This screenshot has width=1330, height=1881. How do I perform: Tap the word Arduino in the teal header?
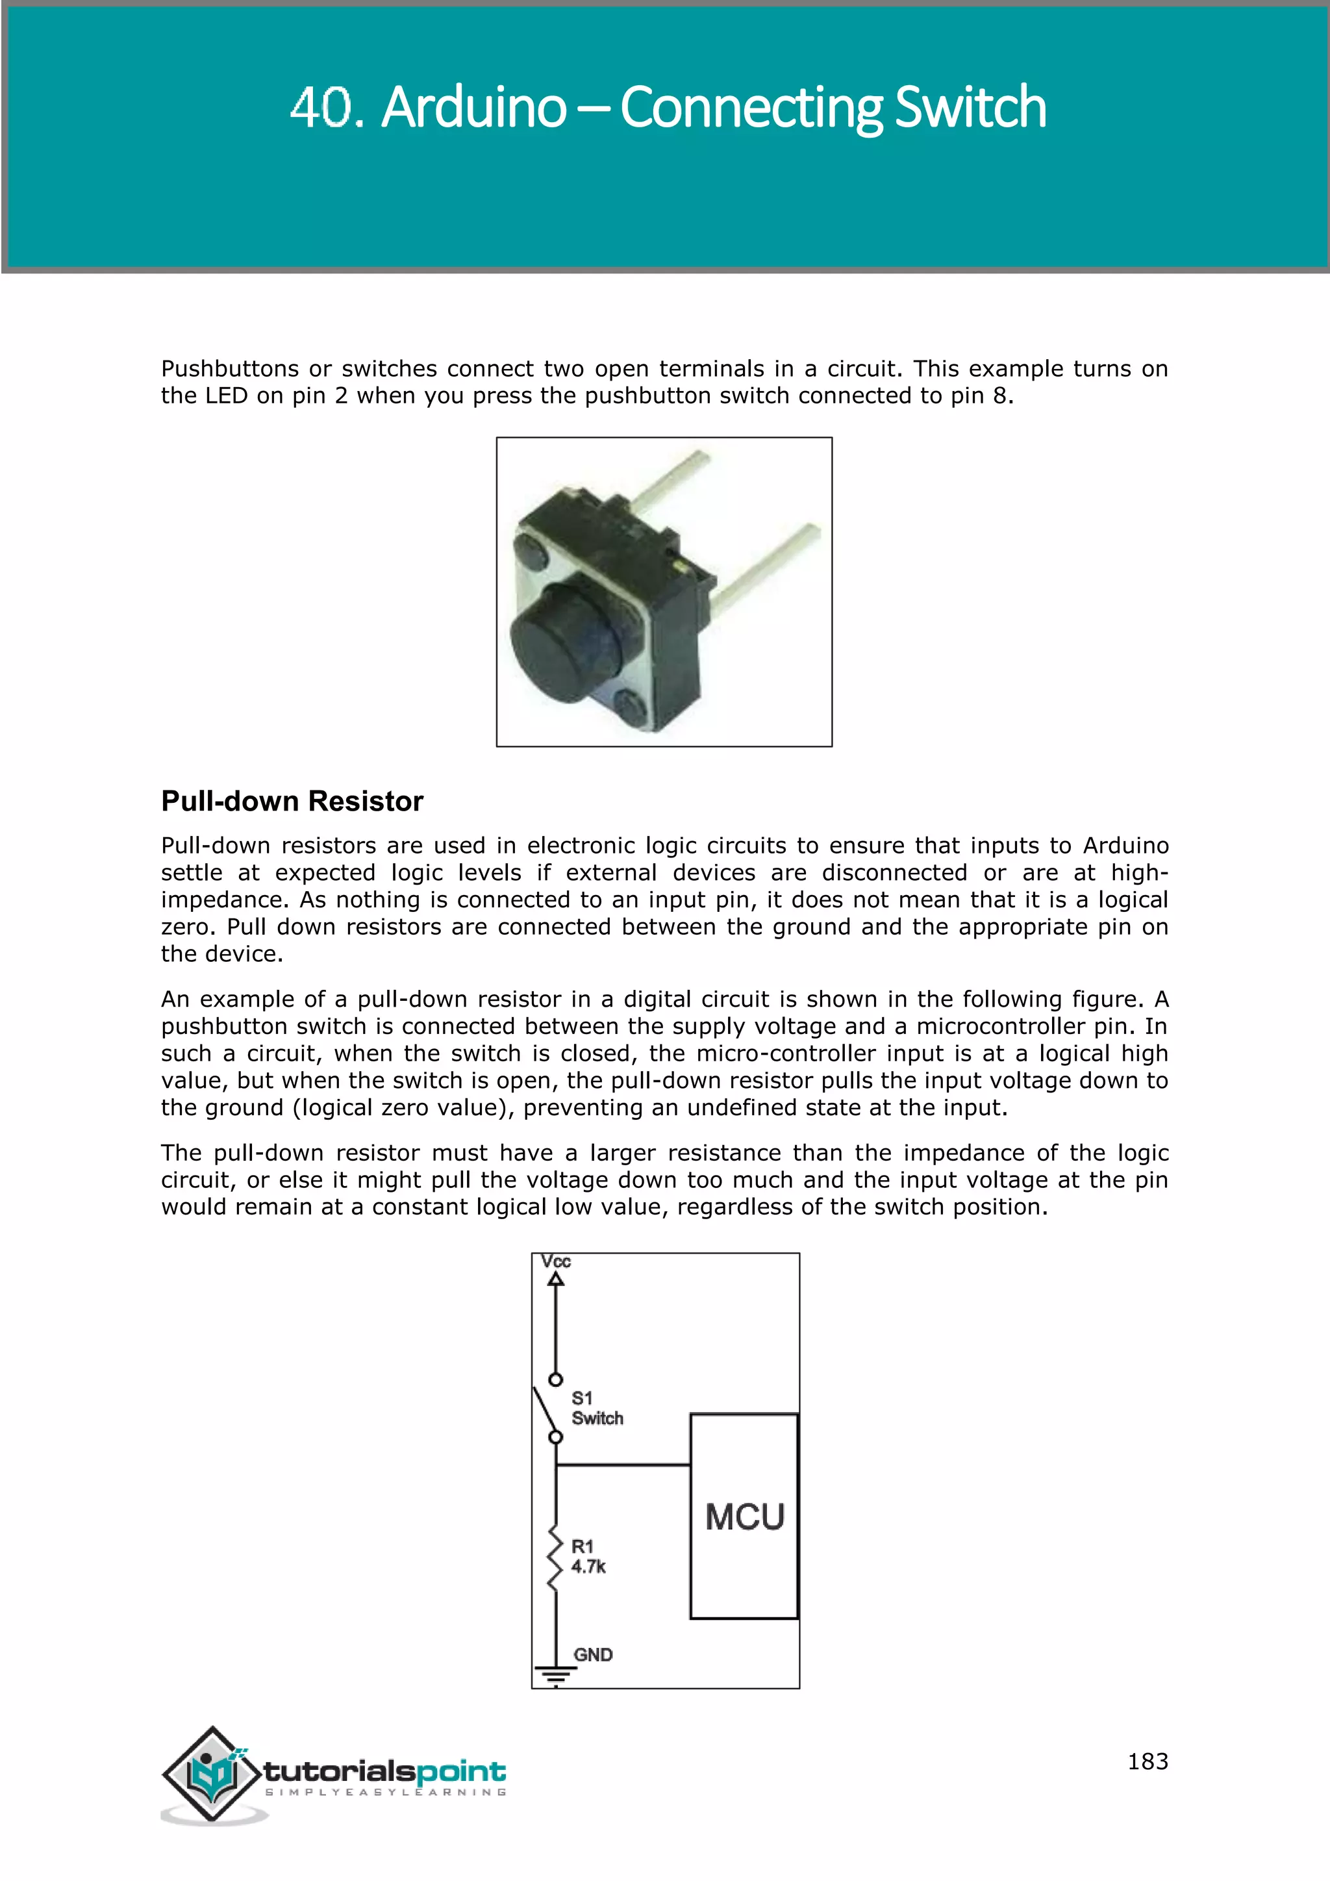click(473, 107)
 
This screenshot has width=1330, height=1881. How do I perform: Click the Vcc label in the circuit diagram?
click(555, 1261)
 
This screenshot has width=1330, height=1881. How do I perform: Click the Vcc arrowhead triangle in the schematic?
click(556, 1279)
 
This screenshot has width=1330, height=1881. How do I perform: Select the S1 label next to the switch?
click(581, 1398)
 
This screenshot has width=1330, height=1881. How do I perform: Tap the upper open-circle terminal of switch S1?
click(556, 1380)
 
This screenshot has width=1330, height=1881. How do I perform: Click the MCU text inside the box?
click(744, 1517)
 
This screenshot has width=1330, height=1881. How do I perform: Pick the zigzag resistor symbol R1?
click(556, 1558)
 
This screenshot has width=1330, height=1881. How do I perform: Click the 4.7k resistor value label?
click(588, 1567)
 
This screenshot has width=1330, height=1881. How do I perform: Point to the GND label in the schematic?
click(593, 1654)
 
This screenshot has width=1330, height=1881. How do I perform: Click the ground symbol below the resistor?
click(556, 1675)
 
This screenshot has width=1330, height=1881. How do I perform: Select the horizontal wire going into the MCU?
click(622, 1465)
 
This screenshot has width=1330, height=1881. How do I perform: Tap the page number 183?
click(1148, 1761)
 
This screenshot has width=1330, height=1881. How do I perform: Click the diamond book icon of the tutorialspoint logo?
click(213, 1774)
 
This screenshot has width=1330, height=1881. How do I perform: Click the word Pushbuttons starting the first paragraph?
click(229, 369)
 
